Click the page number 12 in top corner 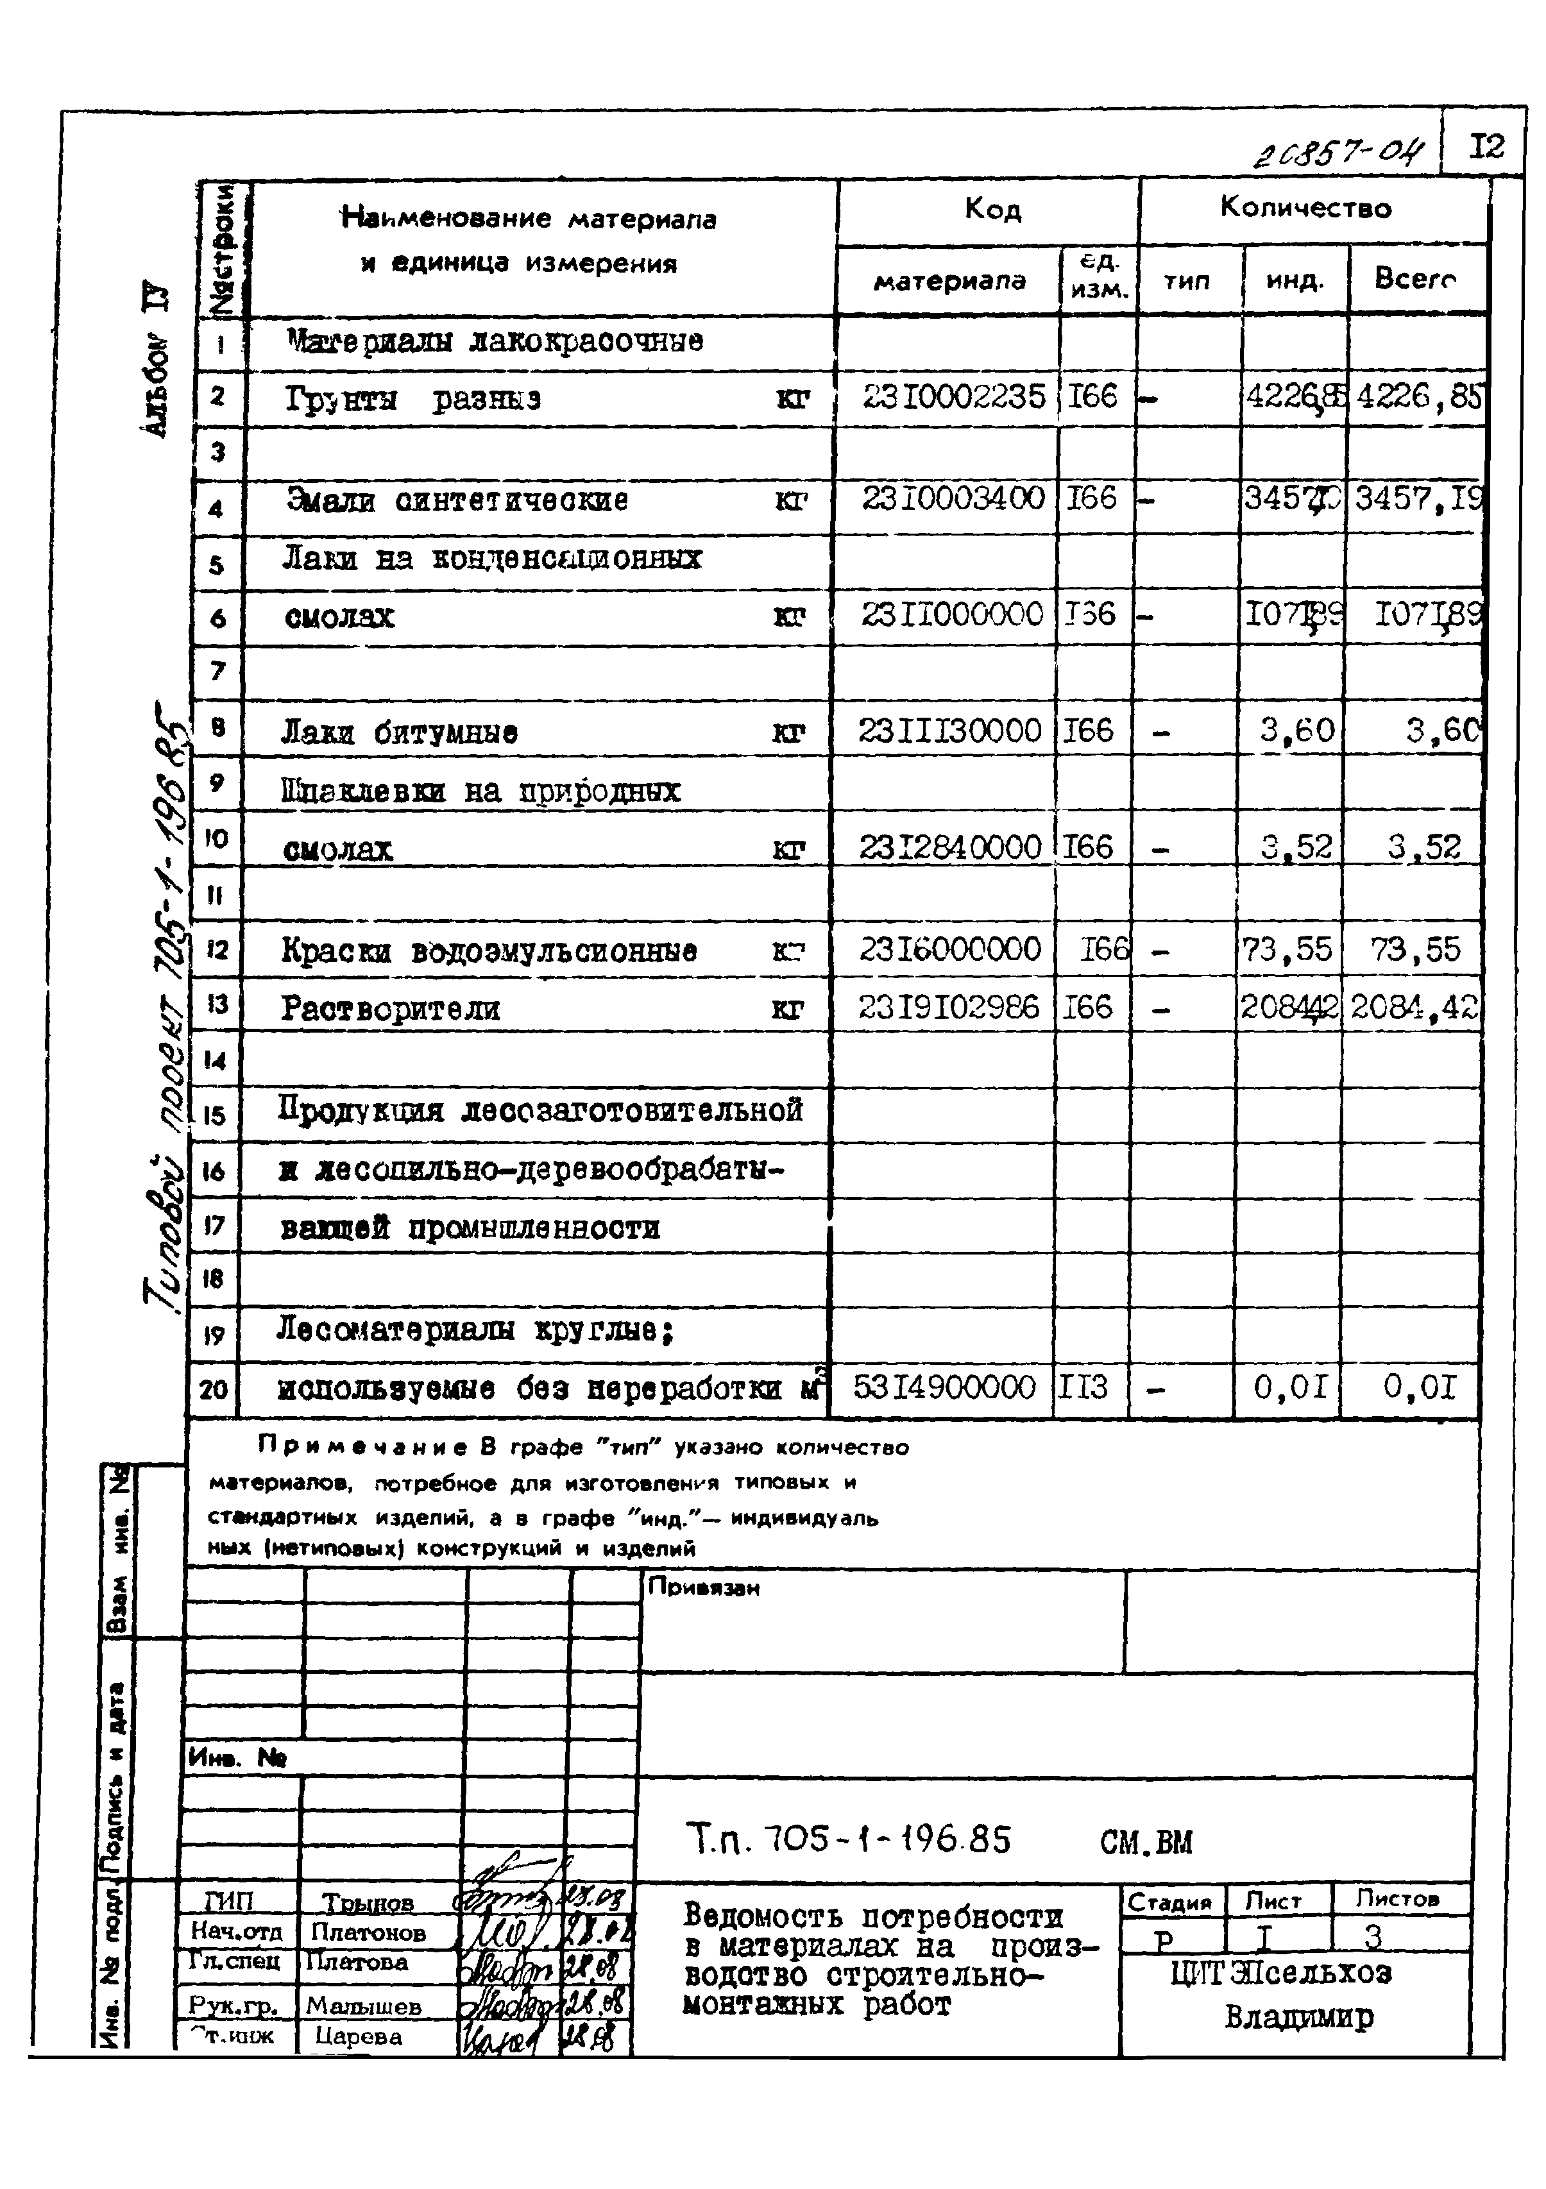pyautogui.click(x=1486, y=147)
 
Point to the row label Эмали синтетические pyautogui.click(x=458, y=500)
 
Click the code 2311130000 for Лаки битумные pyautogui.click(x=950, y=731)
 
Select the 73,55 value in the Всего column pyautogui.click(x=1415, y=950)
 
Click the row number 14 pyautogui.click(x=215, y=1060)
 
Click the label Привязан pyautogui.click(x=703, y=1587)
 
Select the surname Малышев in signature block pyautogui.click(x=363, y=2006)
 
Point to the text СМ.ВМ pyautogui.click(x=1146, y=1842)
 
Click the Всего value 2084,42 pyautogui.click(x=1413, y=1007)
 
